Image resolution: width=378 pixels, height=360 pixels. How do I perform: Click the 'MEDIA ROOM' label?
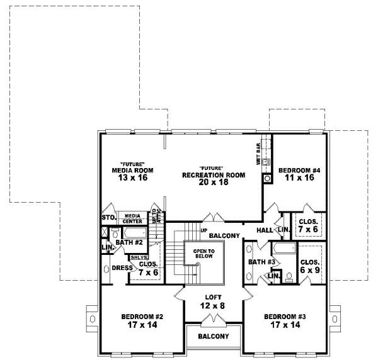coord(132,170)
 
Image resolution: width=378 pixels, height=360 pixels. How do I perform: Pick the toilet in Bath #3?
coord(288,276)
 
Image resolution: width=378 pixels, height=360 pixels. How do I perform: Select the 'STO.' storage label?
coord(107,218)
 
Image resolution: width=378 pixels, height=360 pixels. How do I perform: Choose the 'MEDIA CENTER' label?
coord(132,218)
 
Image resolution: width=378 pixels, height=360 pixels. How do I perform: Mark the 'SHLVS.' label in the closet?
coord(139,257)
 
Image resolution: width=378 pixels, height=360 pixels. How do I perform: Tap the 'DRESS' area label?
coord(122,267)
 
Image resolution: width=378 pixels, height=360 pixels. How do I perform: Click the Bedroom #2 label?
coord(135,316)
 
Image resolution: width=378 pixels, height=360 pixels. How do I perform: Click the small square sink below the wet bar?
coord(267,178)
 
